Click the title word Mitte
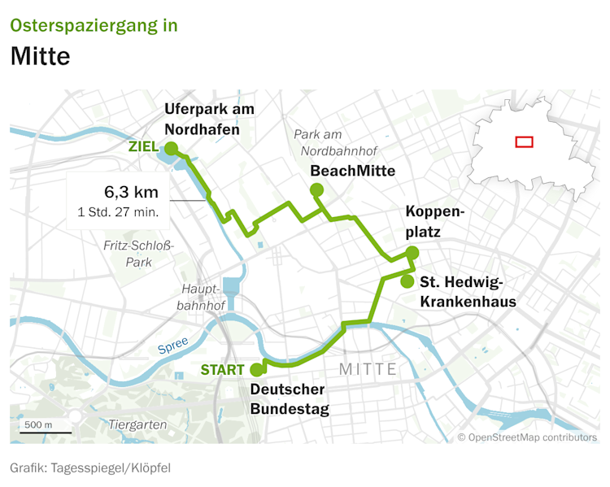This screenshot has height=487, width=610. coord(41,57)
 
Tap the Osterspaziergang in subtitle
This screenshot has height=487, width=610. coord(94,24)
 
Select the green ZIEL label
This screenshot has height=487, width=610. coord(145,147)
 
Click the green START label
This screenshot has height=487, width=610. coord(222,370)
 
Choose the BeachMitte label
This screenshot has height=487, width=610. coord(353,171)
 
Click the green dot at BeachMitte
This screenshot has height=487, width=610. coord(316,190)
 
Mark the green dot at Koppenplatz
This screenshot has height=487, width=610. coord(412,252)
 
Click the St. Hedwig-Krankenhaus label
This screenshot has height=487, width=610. coord(468,292)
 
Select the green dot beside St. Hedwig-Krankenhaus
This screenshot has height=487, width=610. coord(406,281)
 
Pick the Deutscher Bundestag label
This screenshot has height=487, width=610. coord(290,398)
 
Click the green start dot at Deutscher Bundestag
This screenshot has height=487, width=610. coord(257,369)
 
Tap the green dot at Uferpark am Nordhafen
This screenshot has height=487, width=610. coord(171,148)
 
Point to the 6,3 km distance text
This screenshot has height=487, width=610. coord(131,193)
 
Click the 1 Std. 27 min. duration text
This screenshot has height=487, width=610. coord(118,213)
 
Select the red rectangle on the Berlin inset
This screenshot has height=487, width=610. coord(525,141)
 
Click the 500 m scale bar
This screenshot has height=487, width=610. coord(39,430)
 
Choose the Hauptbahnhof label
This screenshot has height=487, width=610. coord(203,297)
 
